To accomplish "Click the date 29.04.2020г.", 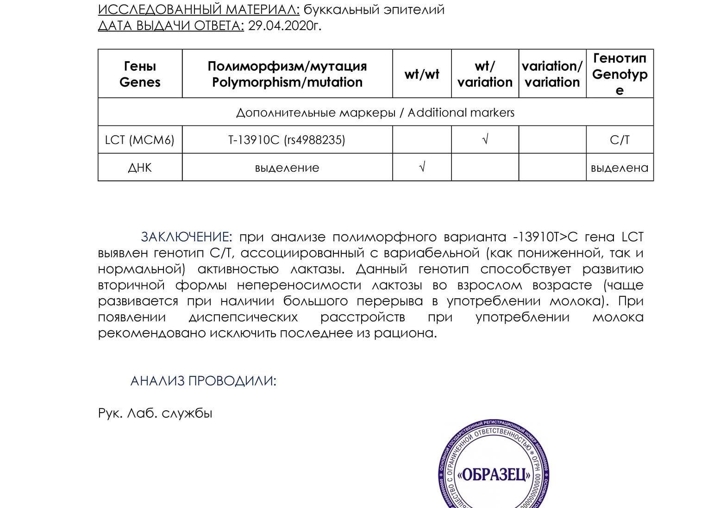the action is click(284, 25).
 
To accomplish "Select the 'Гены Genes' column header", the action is click(140, 74).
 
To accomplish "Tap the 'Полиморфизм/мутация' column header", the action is click(287, 74).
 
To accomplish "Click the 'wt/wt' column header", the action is click(422, 74).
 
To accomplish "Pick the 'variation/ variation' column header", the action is click(552, 74).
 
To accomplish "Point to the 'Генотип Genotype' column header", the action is click(620, 74).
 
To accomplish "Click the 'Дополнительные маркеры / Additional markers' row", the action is click(375, 113).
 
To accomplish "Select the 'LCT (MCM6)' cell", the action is click(140, 140).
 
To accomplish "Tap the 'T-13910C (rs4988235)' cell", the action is click(287, 140).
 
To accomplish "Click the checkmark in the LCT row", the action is click(485, 139).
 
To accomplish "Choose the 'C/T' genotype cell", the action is click(620, 140).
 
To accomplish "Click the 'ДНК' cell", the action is click(140, 168).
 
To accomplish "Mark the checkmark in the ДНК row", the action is click(422, 167).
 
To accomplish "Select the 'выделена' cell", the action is click(620, 168).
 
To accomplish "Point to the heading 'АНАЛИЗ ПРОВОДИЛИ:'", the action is click(203, 381).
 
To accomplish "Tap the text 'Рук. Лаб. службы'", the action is click(155, 413).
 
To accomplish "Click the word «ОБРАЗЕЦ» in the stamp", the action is click(494, 475).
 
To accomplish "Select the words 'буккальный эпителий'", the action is click(374, 10).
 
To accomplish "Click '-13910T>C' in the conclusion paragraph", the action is click(545, 237).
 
